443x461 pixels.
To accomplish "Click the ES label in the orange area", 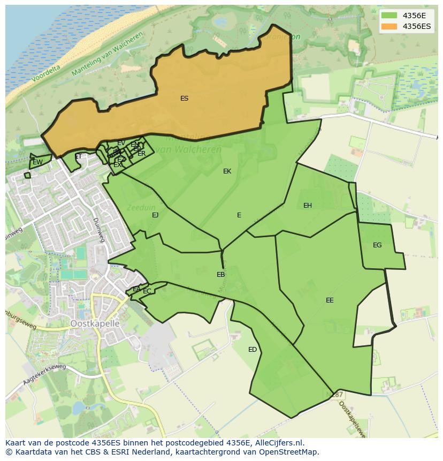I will pyautogui.click(x=184, y=99).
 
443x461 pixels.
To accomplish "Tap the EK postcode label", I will pyautogui.click(x=227, y=171).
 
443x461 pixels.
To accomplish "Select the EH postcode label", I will pyautogui.click(x=307, y=206).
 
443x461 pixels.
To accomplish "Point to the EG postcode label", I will pyautogui.click(x=377, y=245).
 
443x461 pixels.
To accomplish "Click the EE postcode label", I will pyautogui.click(x=330, y=300).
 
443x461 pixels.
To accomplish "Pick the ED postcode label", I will pyautogui.click(x=253, y=350).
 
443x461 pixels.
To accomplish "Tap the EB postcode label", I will pyautogui.click(x=220, y=275).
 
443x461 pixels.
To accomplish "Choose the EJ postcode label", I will pyautogui.click(x=155, y=215).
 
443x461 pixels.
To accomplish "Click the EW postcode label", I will pyautogui.click(x=37, y=162).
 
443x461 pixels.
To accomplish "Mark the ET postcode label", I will pyautogui.click(x=79, y=157).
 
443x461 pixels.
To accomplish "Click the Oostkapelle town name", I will pyautogui.click(x=95, y=324).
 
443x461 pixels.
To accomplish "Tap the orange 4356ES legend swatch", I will pyautogui.click(x=390, y=26).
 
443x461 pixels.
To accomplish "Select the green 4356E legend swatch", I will pyautogui.click(x=390, y=16).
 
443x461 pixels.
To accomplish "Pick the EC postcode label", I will pyautogui.click(x=147, y=291).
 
